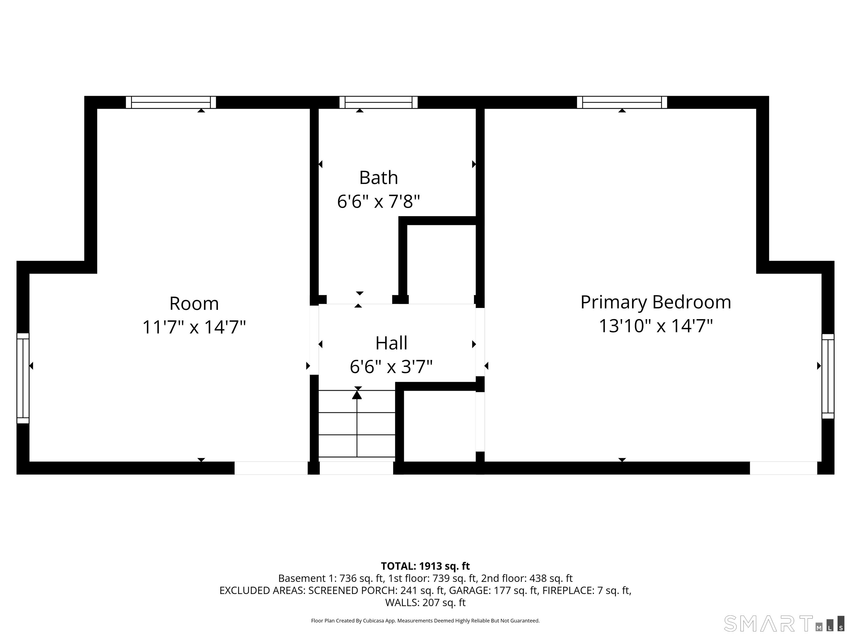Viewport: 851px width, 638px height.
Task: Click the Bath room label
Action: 379,178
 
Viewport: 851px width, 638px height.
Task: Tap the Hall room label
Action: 391,343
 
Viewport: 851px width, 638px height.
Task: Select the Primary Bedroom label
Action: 655,302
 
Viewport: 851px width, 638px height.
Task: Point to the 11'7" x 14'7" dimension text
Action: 194,327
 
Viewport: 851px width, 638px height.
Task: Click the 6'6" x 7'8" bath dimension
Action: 379,202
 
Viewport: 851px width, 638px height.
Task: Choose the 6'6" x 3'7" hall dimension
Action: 391,367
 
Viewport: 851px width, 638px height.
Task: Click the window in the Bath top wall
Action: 379,102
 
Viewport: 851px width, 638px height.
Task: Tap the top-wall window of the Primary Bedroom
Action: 622,102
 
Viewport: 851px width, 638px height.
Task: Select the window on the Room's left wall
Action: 23,378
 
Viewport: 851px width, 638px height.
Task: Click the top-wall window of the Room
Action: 171,102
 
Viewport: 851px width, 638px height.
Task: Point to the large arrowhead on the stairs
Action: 357,395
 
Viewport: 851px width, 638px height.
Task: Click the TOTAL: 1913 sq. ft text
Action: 425,566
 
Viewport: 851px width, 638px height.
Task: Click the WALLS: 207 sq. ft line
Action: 425,602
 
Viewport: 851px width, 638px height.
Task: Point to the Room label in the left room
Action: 194,304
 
